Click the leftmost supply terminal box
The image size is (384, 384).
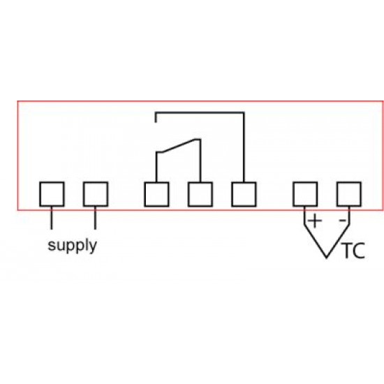pos(52,194)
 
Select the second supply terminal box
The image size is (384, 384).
pos(96,194)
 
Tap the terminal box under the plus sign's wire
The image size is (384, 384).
pos(305,194)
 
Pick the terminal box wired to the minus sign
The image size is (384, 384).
pos(349,194)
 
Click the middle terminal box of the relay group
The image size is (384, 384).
pos(200,194)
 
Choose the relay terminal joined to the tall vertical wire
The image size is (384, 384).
pos(244,194)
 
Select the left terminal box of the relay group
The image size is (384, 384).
pos(156,194)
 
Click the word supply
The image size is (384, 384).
pos(72,246)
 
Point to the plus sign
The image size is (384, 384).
pos(315,221)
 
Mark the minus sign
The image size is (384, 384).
pos(342,221)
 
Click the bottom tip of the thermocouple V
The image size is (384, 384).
pos(327,258)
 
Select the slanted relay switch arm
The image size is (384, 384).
pos(179,146)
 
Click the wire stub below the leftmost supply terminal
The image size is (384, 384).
pos(52,219)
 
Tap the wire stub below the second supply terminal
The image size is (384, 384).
pos(95,219)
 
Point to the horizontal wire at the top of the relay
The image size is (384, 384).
pos(200,113)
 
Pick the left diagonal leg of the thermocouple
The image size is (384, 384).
pos(316,241)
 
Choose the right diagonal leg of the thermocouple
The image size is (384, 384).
pos(338,241)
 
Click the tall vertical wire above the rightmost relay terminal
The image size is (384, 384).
pos(244,147)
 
